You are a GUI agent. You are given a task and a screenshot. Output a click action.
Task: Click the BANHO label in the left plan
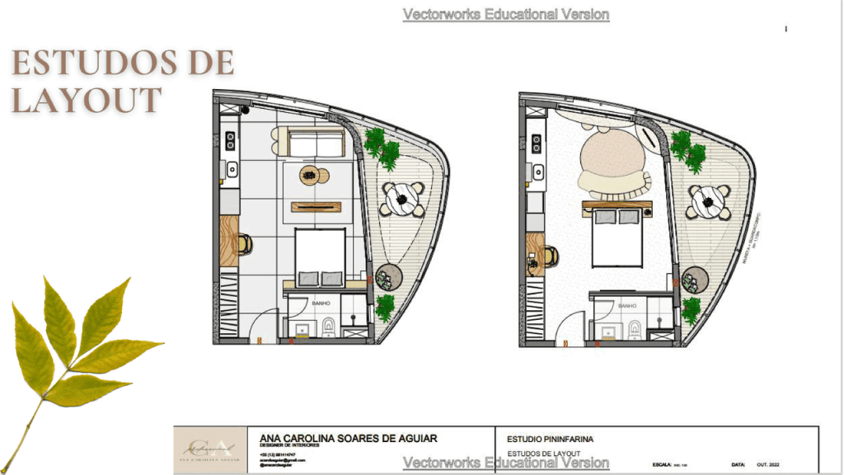320,303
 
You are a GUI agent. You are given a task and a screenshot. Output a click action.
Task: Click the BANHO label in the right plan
626,306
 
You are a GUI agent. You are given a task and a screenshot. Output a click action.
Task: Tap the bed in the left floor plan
320,256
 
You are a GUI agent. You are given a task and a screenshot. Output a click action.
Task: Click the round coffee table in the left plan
310,175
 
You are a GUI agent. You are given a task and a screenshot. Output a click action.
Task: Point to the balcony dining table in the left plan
404,199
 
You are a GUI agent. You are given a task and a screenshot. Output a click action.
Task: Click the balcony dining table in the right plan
709,200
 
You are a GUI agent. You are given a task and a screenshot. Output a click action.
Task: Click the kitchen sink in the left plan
232,171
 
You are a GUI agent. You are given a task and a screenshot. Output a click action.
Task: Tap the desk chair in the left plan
245,243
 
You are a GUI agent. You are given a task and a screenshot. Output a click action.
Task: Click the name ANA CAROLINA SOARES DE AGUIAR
348,438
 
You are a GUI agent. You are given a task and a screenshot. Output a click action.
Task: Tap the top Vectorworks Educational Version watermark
506,15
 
